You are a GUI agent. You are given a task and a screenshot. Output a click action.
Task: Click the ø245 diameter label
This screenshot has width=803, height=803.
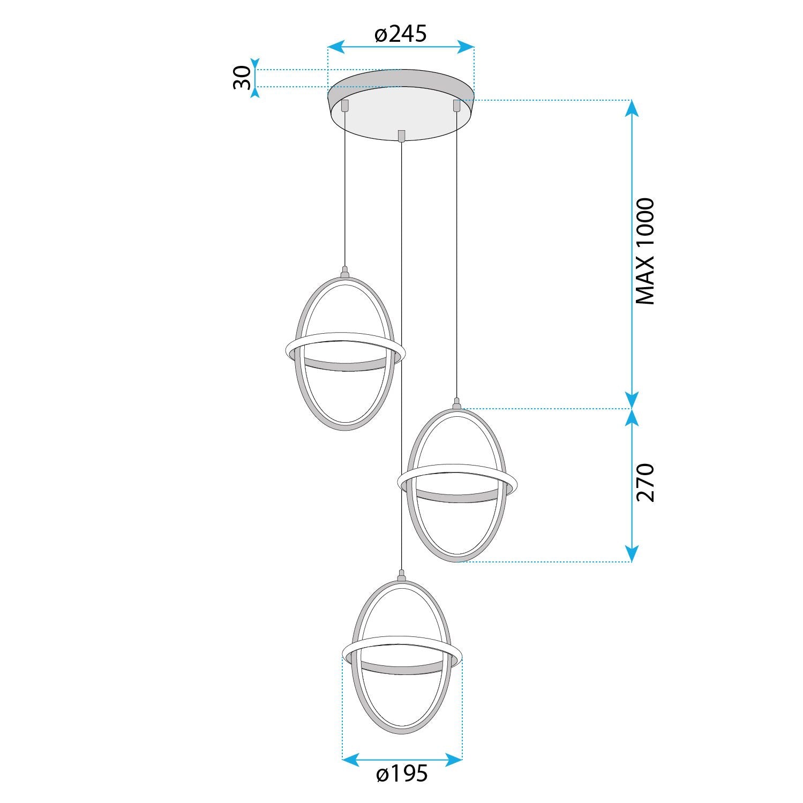click(x=400, y=34)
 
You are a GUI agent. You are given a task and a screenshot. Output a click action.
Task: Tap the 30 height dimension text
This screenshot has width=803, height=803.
click(x=242, y=78)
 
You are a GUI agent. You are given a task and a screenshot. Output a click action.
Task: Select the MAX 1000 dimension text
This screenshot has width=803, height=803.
click(x=645, y=252)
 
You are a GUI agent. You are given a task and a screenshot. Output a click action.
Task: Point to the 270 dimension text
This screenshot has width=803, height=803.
click(x=645, y=483)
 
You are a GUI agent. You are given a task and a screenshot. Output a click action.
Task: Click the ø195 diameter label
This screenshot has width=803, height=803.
click(x=402, y=774)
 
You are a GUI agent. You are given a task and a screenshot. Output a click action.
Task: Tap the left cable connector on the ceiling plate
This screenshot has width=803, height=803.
click(x=345, y=105)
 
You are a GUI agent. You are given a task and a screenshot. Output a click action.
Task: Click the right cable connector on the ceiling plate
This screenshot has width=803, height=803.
click(x=456, y=106)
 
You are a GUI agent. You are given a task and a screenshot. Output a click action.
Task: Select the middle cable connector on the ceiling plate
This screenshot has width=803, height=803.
click(x=401, y=136)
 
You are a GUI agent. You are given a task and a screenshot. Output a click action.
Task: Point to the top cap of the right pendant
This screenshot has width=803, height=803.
click(x=456, y=403)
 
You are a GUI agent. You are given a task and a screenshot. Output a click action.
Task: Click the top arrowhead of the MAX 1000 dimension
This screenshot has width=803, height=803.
click(x=632, y=108)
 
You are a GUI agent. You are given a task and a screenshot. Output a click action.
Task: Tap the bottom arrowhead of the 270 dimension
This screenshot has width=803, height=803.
click(x=632, y=554)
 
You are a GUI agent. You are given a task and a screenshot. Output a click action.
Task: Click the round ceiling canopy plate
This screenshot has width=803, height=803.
click(x=401, y=115)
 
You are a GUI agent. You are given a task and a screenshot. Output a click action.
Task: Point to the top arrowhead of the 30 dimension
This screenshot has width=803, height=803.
click(x=256, y=64)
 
